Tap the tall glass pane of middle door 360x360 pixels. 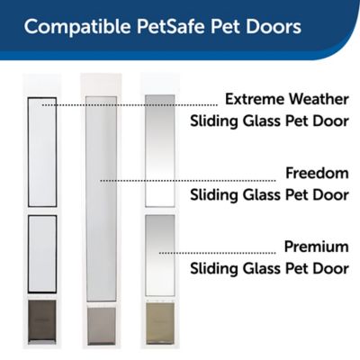coord(100,198)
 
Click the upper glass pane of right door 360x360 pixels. coord(159,148)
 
